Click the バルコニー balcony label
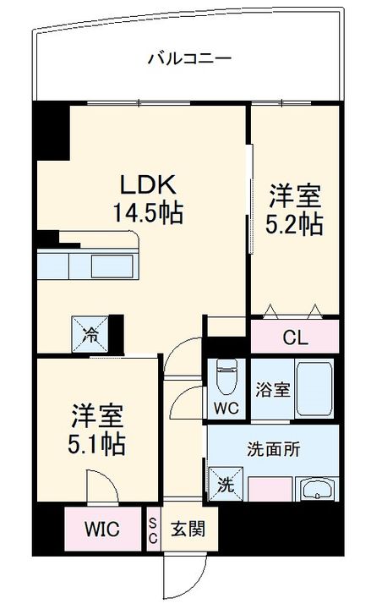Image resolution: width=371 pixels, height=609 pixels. click(190, 58)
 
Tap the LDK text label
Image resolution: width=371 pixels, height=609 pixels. click(148, 185)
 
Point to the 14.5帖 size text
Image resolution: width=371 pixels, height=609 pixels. click(148, 212)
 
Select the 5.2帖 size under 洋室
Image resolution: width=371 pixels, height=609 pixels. click(294, 224)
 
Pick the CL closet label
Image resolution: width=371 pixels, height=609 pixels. click(295, 337)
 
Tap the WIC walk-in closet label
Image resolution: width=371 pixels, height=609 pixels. click(102, 529)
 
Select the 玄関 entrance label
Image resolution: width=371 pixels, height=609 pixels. click(188, 529)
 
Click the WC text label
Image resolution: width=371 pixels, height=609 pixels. click(226, 409)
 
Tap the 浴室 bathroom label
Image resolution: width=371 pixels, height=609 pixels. click(273, 390)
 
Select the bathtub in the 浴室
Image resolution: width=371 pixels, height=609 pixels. click(314, 388)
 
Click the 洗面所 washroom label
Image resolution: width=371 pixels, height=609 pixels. click(274, 449)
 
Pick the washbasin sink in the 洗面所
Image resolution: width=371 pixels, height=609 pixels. click(317, 489)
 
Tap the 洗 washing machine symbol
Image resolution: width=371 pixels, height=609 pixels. click(226, 484)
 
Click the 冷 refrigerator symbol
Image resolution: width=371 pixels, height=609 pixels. click(90, 334)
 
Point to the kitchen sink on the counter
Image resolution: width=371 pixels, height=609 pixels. click(112, 266)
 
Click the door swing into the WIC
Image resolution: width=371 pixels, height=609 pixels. click(102, 486)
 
